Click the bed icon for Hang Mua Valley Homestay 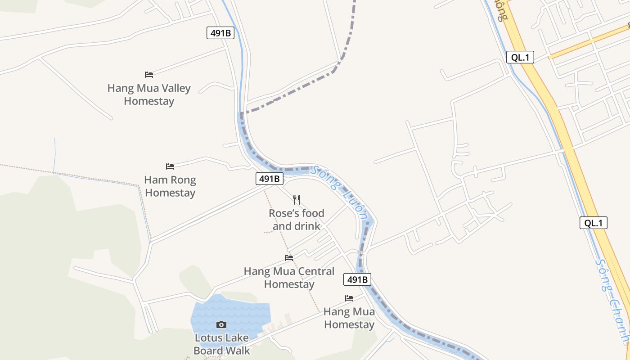(x=149, y=74)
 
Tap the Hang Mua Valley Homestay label (x=149, y=94)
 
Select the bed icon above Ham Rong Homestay (x=170, y=166)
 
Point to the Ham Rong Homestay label (x=170, y=186)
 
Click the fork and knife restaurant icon (x=297, y=199)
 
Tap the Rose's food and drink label (x=297, y=219)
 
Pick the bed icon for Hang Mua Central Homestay (x=289, y=257)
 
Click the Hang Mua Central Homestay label (x=289, y=278)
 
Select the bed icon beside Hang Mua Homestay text (x=349, y=298)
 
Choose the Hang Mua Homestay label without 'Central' (x=349, y=318)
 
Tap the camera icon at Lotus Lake (x=221, y=324)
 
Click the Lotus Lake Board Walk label (x=221, y=344)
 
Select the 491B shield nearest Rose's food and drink (x=270, y=179)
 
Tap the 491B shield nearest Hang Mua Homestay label (x=358, y=279)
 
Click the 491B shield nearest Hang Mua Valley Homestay (x=220, y=33)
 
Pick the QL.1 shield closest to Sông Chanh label (x=593, y=223)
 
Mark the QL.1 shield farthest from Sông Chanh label (x=520, y=57)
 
